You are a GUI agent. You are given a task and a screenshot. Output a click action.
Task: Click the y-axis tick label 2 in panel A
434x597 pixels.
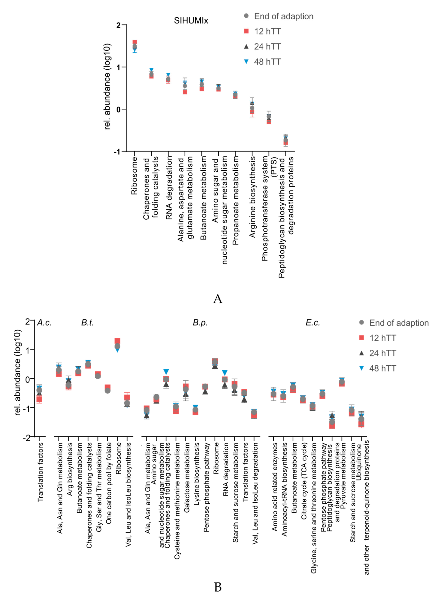pyautogui.click(x=118, y=25)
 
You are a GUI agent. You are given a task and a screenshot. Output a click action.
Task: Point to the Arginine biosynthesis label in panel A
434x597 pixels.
pyautogui.click(x=252, y=197)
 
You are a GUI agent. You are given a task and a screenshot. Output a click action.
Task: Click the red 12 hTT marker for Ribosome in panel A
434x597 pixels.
pyautogui.click(x=135, y=42)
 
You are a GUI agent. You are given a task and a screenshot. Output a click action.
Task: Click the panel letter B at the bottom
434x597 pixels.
pyautogui.click(x=218, y=587)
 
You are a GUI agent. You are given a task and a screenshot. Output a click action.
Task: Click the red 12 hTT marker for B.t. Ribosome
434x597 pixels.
pyautogui.click(x=117, y=341)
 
